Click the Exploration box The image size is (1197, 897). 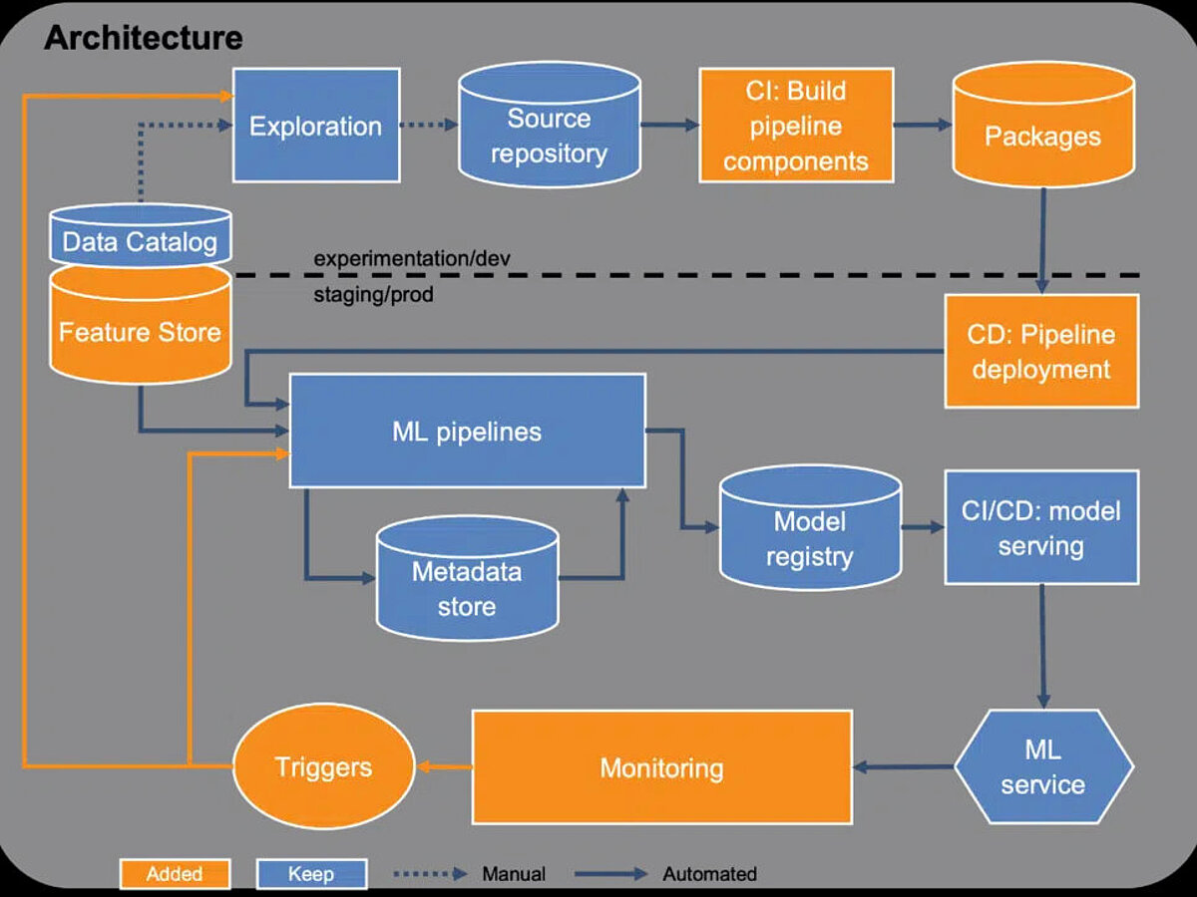tap(316, 126)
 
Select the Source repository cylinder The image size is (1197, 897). tap(550, 125)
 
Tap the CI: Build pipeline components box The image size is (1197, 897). tap(796, 126)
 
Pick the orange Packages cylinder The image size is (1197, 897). tap(1043, 125)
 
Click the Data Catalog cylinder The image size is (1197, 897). tap(141, 235)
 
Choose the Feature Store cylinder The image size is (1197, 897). tap(141, 325)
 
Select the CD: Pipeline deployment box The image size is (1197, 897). tap(1041, 351)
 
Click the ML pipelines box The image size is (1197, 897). tap(468, 431)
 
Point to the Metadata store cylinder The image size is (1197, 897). tap(467, 578)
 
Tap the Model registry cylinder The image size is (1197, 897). tap(810, 528)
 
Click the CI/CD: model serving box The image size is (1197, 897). tap(1041, 528)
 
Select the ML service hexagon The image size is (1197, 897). tap(1043, 766)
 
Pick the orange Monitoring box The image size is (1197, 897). tap(662, 767)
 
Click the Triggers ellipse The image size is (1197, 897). tap(324, 766)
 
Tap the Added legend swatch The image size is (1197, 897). tap(175, 874)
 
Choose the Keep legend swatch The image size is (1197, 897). tap(311, 874)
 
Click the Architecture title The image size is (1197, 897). tap(144, 38)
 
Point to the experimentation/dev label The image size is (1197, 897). tap(412, 258)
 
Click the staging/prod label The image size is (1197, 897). tap(373, 295)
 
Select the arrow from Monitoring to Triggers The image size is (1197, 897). tap(445, 767)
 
